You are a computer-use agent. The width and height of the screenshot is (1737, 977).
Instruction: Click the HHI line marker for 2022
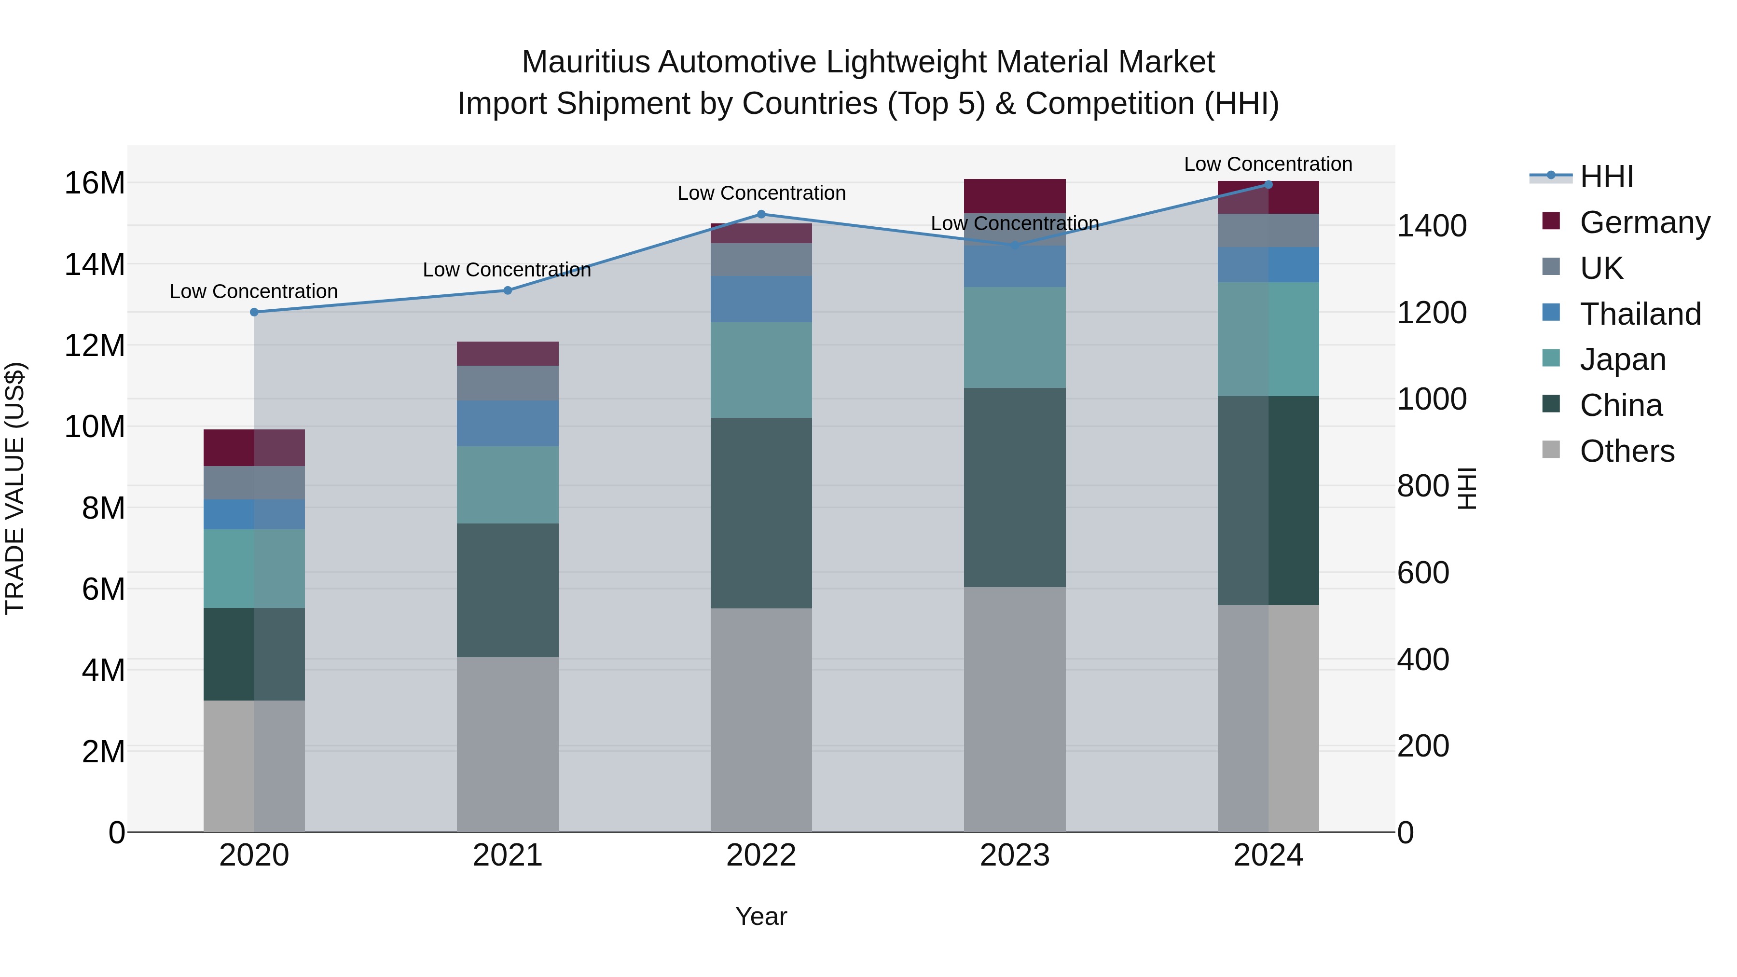point(761,214)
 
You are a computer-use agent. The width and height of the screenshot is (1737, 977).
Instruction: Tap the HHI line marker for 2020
point(254,312)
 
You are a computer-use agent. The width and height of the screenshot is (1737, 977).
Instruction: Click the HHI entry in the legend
point(1605,177)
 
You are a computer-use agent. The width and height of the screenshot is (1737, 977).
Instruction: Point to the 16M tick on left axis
point(95,183)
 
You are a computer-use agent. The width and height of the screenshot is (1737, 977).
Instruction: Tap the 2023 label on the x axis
point(1014,855)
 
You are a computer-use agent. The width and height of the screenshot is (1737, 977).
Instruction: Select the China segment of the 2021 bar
point(508,590)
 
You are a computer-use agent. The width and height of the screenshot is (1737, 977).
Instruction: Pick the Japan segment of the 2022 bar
point(761,370)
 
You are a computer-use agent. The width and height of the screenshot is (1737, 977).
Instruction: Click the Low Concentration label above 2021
point(507,270)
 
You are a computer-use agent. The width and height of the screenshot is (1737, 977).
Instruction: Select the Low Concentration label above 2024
point(1268,164)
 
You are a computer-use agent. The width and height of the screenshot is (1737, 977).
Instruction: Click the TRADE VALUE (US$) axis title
point(15,488)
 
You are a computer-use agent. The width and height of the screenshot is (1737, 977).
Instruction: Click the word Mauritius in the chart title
point(585,62)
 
